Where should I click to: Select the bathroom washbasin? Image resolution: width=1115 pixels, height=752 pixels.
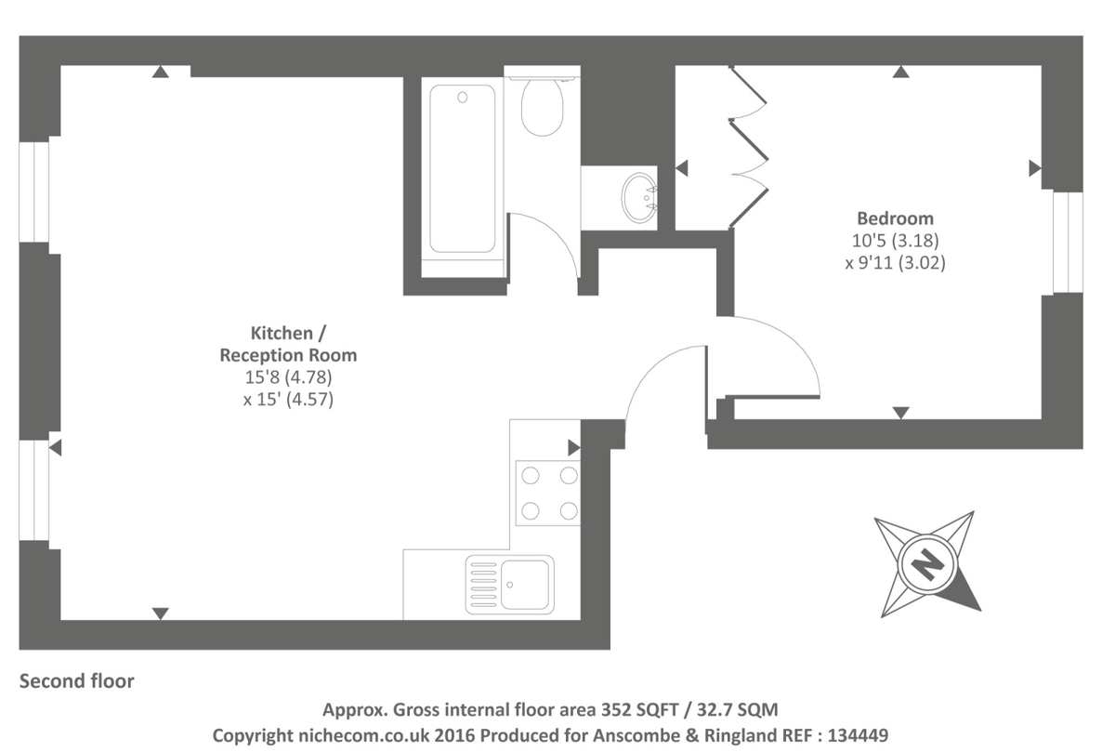point(640,196)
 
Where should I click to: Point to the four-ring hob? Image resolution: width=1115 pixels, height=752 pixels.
point(548,492)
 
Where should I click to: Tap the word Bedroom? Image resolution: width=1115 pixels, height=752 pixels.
point(895,219)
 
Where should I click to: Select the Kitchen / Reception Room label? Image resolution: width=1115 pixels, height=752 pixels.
point(288,344)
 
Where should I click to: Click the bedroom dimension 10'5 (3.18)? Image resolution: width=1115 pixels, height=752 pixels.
point(895,241)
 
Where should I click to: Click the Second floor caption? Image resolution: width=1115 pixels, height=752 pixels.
point(77,681)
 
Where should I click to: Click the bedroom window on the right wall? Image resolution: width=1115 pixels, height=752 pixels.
point(1067,243)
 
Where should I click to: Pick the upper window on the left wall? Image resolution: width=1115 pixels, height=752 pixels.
point(35,192)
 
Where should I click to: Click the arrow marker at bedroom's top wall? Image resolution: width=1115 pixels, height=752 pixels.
point(899,72)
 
